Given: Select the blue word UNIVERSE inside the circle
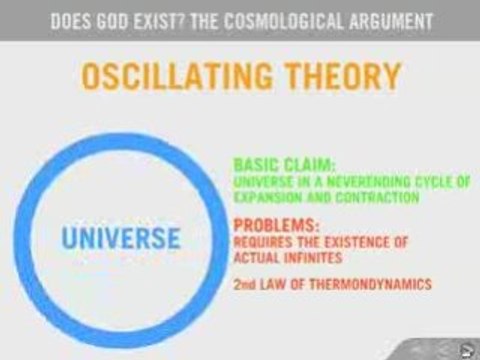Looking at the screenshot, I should [119, 239].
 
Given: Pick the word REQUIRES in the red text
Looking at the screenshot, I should [260, 242].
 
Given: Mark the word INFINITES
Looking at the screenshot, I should [309, 257].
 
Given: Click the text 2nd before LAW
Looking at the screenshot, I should [242, 285].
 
